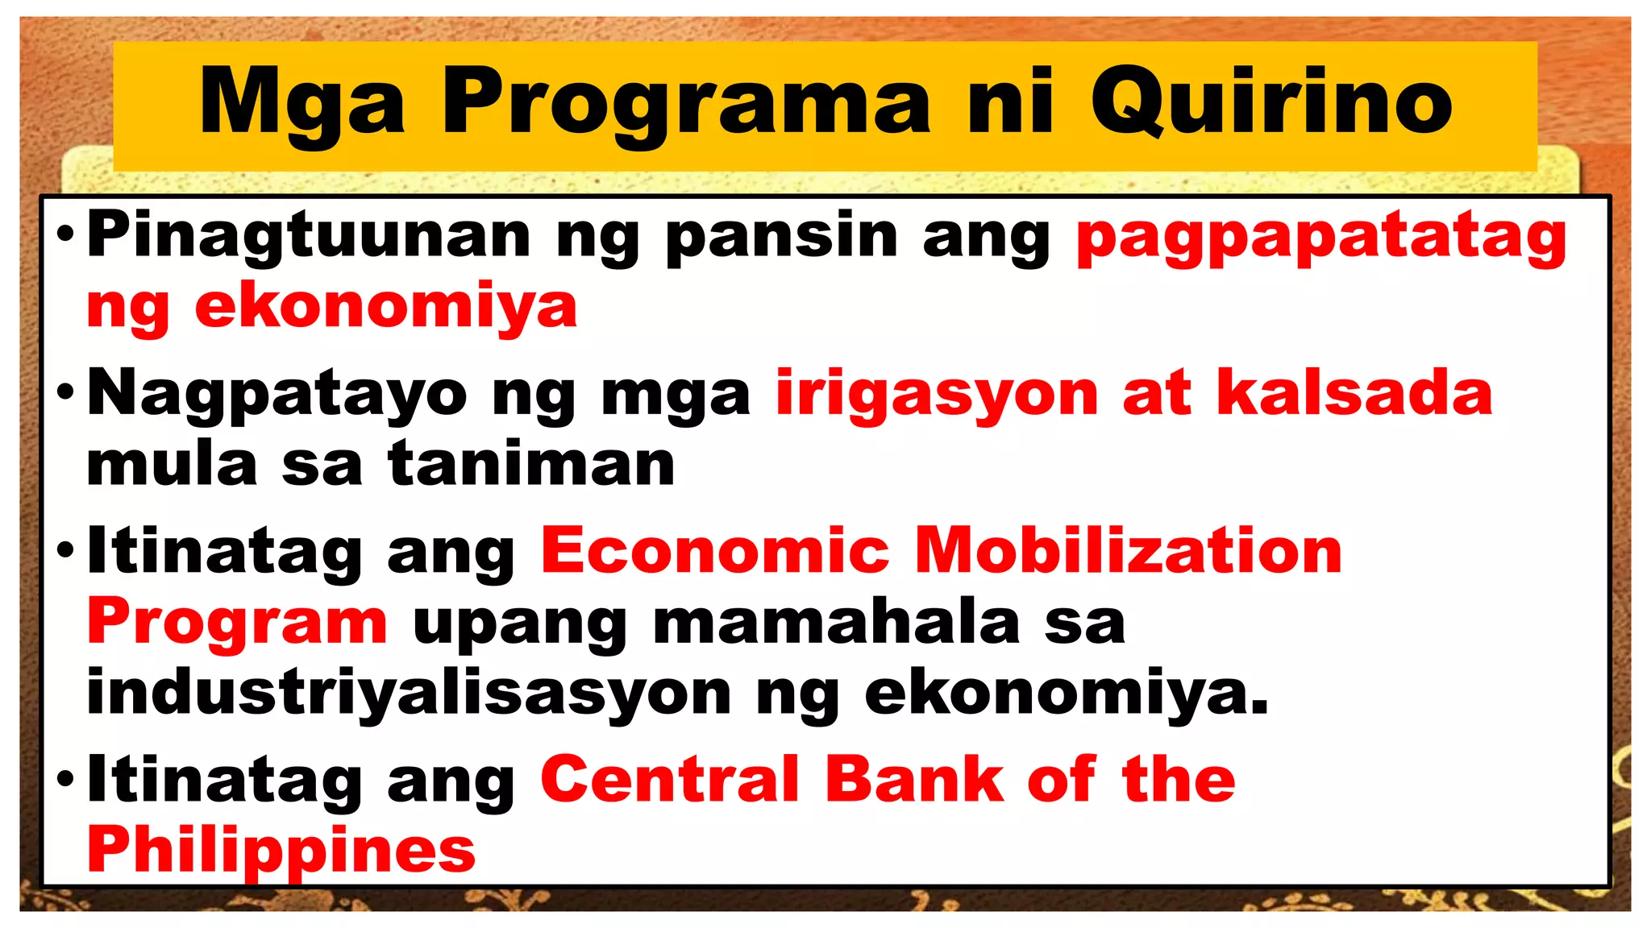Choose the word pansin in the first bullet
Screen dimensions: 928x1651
pyautogui.click(x=782, y=235)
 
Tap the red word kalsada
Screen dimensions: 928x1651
pyautogui.click(x=1354, y=393)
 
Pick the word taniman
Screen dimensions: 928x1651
pyautogui.click(x=531, y=465)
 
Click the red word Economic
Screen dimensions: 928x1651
pyautogui.click(x=715, y=552)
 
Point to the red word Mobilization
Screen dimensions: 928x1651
pyautogui.click(x=1129, y=552)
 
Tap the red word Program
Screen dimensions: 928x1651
pyautogui.click(x=238, y=624)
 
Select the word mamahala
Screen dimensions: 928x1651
pyautogui.click(x=836, y=623)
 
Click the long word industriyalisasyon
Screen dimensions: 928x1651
pyautogui.click(x=409, y=694)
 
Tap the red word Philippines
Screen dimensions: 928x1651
pyautogui.click(x=281, y=851)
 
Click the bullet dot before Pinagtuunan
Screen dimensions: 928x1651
pyautogui.click(x=66, y=234)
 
